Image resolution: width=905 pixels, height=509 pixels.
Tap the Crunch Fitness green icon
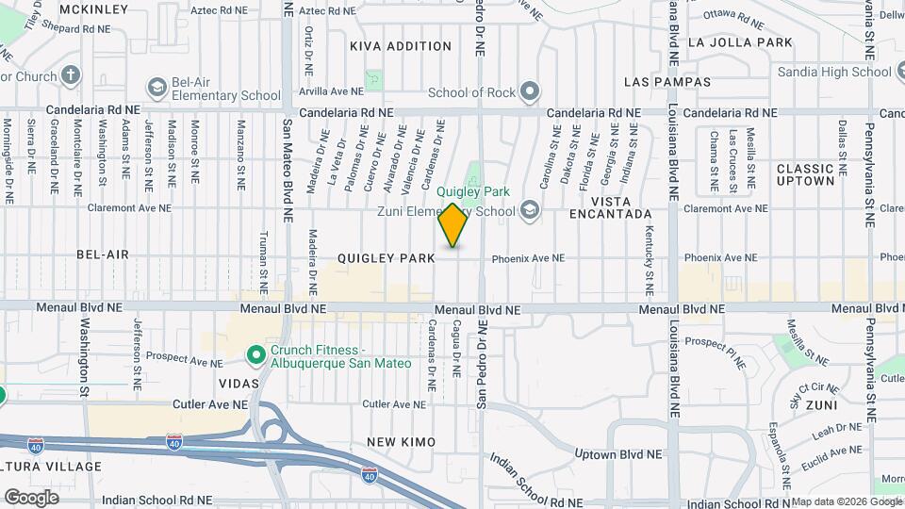point(255,355)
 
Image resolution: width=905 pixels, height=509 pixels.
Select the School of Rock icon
point(530,91)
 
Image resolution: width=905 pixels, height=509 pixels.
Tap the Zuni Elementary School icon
point(530,210)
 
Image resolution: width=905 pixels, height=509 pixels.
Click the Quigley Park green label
point(473,191)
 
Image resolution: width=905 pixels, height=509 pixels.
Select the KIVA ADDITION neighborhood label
point(401,46)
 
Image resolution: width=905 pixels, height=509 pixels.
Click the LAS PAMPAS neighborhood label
point(667,82)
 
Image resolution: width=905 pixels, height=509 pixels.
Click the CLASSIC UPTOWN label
point(806,174)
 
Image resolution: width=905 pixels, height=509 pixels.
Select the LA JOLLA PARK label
point(740,42)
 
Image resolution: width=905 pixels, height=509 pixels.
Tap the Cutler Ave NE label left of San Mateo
point(209,403)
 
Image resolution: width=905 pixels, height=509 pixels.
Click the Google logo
point(31,497)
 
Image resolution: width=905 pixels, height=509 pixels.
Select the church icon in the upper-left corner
point(72,75)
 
